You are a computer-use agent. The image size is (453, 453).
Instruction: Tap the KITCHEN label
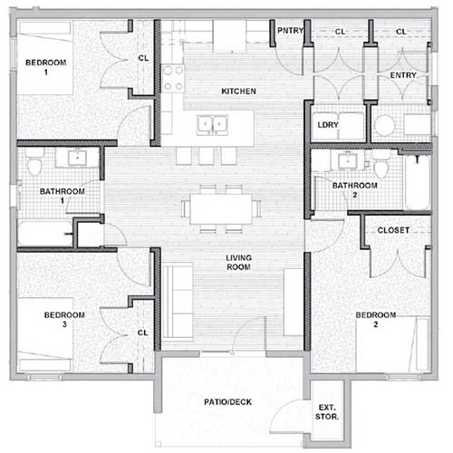coord(238,92)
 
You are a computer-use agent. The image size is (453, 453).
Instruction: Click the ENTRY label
coord(402,75)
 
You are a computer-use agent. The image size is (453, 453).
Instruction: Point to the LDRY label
coord(327,126)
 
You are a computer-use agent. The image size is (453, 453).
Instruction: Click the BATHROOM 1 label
coord(62,197)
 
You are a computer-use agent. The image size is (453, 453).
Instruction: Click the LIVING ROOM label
coord(238,263)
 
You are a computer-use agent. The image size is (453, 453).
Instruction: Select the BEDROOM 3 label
coord(64,319)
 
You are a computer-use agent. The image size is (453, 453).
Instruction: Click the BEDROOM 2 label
coord(376,319)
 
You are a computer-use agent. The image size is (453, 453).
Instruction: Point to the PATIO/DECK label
coord(226,401)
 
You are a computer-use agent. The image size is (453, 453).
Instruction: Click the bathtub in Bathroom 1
coord(43,233)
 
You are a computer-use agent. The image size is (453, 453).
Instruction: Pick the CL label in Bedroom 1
coord(143,57)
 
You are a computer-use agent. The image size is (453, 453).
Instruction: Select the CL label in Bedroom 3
coord(142,333)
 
